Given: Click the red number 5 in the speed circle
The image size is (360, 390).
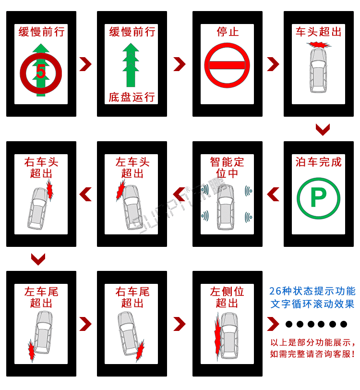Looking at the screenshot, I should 41,72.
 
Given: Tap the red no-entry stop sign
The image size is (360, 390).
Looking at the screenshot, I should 227,64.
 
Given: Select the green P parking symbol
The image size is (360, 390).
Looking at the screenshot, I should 318,197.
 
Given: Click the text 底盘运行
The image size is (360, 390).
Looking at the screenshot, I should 132,97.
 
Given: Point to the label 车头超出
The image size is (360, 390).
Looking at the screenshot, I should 318,32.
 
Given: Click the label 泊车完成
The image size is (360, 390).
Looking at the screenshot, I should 318,162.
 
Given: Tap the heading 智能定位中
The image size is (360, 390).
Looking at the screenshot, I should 227,167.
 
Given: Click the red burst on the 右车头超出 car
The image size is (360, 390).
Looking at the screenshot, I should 50,191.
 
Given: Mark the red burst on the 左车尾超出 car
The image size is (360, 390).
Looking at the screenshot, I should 32,351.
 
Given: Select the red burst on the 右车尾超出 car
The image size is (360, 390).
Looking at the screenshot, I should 140,351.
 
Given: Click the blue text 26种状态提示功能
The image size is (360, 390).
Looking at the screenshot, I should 312,291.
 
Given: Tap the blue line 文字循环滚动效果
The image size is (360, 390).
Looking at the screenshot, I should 312,304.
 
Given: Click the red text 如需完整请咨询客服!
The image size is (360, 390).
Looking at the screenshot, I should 312,354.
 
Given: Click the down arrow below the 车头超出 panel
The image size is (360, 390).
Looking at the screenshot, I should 323,129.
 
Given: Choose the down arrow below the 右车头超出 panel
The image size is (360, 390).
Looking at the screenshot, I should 38,259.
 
